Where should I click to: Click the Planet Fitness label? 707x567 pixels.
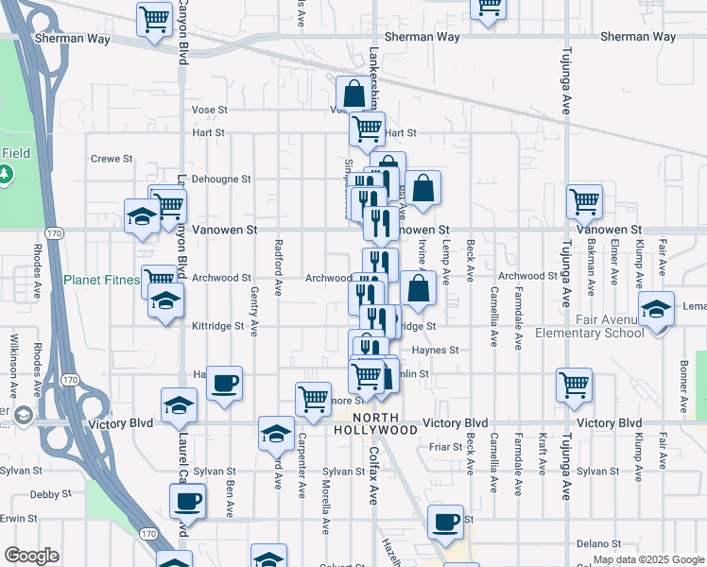click(101, 280)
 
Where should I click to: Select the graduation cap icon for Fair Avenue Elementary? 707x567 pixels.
click(655, 309)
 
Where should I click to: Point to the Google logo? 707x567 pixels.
click(31, 556)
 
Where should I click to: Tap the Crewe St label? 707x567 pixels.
click(112, 159)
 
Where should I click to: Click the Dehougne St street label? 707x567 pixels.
click(220, 179)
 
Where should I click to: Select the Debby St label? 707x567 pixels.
click(50, 494)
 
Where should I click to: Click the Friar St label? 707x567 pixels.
click(443, 446)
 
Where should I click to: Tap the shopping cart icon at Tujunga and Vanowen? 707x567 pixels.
click(584, 200)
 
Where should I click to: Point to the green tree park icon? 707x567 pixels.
click(7, 175)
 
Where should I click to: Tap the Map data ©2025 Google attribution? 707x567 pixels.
click(647, 559)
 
